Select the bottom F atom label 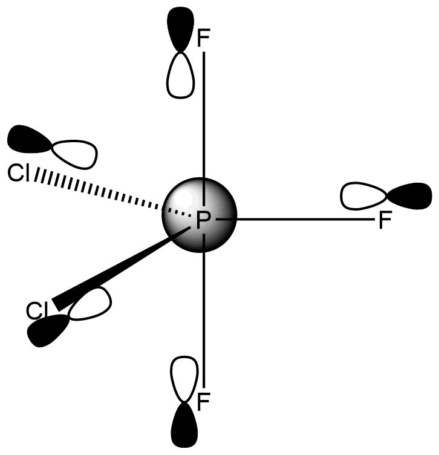[204, 401]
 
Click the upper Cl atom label [19, 174]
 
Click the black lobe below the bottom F [183, 427]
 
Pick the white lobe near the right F [363, 197]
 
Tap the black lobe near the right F [410, 195]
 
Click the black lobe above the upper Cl [29, 140]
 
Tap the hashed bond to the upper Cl [103, 194]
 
